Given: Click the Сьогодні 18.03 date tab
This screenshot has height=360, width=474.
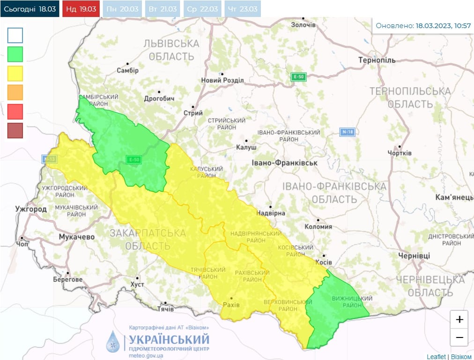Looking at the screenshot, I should point(30,9).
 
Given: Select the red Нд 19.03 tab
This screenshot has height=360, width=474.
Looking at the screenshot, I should point(81,9).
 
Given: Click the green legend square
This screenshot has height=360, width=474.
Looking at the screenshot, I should point(15,55).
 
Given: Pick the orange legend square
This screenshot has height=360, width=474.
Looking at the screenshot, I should point(15,92).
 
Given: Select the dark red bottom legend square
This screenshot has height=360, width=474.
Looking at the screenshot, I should point(15,130).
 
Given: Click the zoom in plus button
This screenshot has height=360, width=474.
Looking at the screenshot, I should point(459,319).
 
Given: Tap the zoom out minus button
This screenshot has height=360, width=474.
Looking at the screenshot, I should point(459,337).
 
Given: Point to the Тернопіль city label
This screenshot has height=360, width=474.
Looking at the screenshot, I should point(377,60).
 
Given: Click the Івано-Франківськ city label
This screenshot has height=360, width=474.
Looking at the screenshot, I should point(284,163).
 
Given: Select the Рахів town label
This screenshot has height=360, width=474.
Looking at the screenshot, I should point(231,305).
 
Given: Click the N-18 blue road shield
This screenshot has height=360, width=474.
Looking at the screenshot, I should point(347,132).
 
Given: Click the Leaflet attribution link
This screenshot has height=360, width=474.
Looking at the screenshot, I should point(436,357).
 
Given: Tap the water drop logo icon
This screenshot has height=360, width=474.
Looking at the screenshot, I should point(113,341).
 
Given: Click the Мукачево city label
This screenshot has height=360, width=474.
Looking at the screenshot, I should point(76,237).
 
